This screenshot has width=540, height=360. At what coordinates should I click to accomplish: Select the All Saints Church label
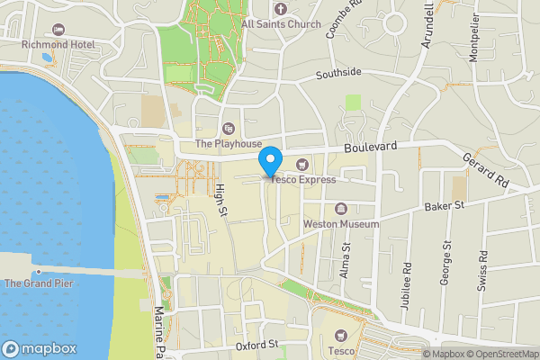[281, 24]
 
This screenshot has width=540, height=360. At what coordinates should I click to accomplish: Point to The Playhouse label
[229, 143]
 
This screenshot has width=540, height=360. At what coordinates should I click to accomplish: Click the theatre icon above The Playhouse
[229, 129]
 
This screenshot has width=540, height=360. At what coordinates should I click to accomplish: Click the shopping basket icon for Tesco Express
[301, 164]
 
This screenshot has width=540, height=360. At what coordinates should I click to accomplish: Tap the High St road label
[220, 198]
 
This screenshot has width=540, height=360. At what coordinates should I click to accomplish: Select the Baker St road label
[445, 206]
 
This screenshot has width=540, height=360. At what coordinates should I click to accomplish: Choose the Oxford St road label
[257, 345]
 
